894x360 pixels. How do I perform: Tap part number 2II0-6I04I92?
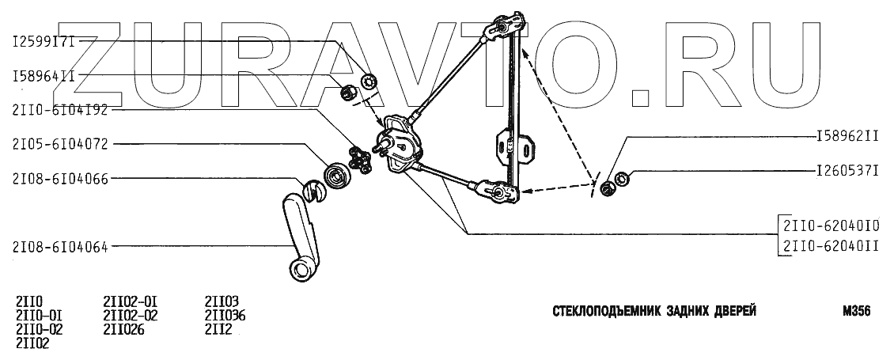60,111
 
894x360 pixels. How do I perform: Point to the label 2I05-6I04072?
60,144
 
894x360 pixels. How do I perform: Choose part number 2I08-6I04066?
60,178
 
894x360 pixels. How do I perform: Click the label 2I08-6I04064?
60,246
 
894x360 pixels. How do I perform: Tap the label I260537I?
847,170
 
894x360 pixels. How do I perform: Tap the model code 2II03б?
225,315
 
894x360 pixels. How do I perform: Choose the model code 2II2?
218,329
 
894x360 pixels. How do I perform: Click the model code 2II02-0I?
131,301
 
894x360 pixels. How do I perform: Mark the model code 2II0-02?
39,329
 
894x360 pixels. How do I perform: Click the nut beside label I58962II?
607,188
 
